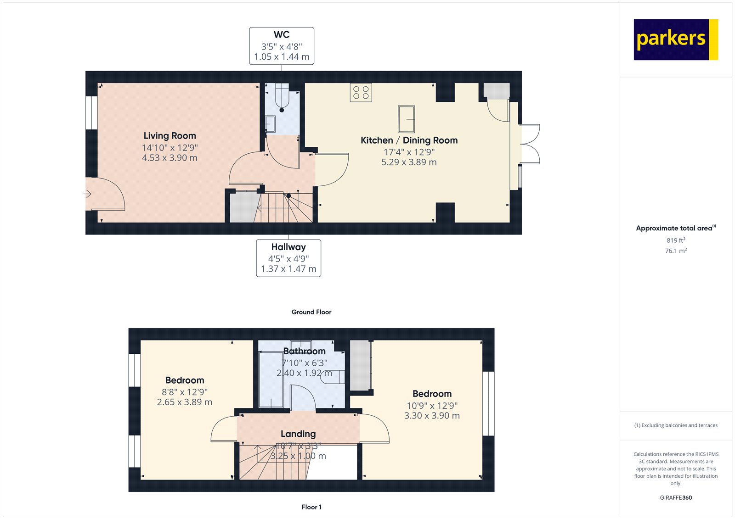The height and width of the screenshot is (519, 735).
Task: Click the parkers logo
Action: (675, 39)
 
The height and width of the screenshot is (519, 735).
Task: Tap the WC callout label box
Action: (282, 46)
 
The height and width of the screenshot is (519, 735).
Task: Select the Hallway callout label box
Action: (288, 258)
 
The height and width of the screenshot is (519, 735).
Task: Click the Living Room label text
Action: (170, 136)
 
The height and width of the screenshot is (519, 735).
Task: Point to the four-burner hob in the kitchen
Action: (361, 92)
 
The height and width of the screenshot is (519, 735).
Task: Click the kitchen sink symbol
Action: (406, 119)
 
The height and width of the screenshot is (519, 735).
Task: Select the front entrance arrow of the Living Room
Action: (87, 194)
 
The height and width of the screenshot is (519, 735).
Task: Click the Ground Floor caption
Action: (311, 312)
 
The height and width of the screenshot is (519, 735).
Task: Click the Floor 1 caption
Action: (311, 507)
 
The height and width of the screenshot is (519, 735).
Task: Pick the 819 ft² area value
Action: (676, 240)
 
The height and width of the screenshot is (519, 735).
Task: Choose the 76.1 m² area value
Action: (676, 251)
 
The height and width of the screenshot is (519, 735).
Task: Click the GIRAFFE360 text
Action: (676, 497)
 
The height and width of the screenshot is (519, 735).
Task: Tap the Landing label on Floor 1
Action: (298, 434)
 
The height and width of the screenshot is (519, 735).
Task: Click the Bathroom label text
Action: (304, 352)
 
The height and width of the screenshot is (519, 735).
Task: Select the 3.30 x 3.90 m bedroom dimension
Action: (432, 416)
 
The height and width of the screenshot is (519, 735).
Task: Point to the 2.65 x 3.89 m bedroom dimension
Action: (185, 402)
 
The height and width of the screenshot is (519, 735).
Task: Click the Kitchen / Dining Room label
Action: (409, 140)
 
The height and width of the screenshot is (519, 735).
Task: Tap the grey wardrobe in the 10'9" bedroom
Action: (361, 366)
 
